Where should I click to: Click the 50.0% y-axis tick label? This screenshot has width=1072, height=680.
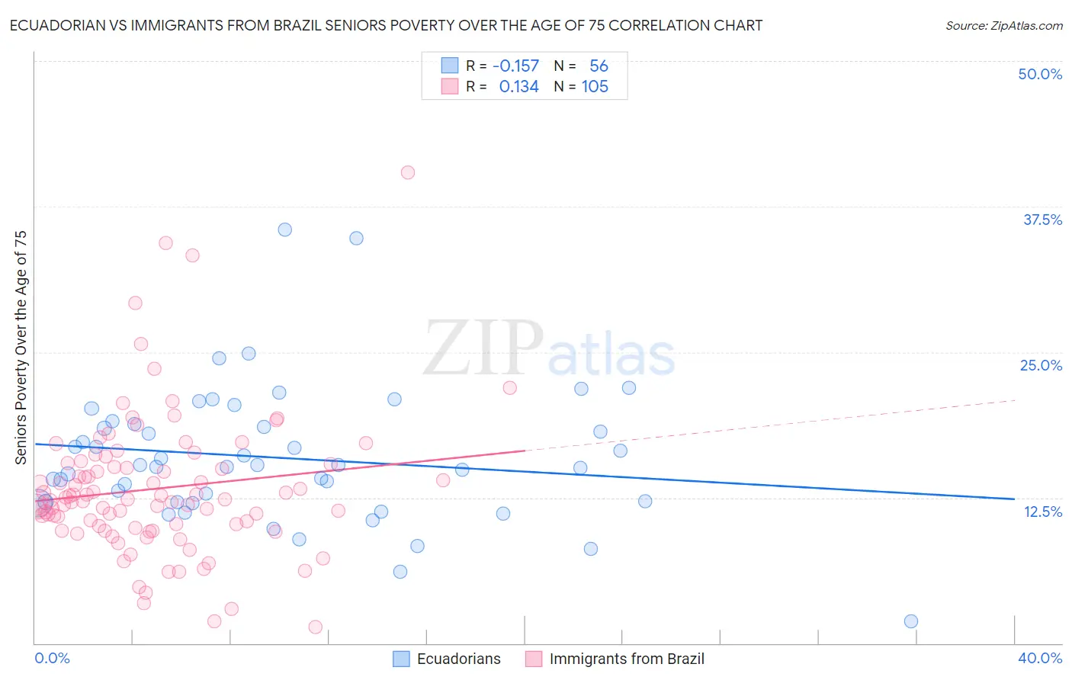1040,74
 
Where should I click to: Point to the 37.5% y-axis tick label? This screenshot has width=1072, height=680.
1042,220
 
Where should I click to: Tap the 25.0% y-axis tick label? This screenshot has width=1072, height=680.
1041,365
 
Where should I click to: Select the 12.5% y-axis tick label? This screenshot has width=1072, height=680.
1042,512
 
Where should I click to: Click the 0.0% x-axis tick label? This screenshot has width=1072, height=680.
52,658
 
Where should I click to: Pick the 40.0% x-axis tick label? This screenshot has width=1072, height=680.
1040,658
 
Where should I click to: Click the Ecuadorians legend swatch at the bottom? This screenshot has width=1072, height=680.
402,659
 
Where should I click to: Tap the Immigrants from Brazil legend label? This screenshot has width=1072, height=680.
627,659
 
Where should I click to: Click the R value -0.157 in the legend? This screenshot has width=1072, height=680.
515,66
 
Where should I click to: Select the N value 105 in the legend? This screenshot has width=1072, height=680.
595,87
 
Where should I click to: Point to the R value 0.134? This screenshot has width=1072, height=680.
518,87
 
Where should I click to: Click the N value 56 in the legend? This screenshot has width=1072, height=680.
599,66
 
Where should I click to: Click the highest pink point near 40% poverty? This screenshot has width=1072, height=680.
408,172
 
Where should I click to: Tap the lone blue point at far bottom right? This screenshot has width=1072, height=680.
910,621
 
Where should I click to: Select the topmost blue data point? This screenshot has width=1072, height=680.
285,229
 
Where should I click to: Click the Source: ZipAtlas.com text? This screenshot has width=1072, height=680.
1003,26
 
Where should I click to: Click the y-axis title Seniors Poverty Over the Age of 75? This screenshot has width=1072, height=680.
21,348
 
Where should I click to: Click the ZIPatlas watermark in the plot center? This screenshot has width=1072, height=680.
549,349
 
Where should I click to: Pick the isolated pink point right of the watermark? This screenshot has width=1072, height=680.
510,387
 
